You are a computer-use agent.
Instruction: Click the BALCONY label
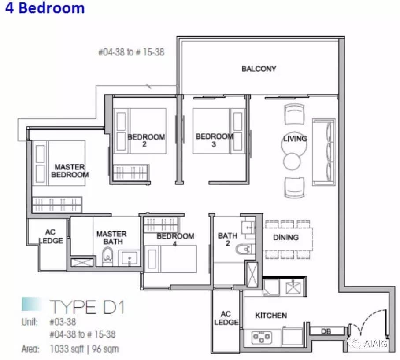pos(259,69)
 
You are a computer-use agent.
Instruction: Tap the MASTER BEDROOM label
pos(70,171)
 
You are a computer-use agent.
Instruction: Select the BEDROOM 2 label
pos(146,140)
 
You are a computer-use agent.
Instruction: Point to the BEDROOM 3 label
pos(214,140)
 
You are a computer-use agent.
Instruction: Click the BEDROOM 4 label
pos(175,239)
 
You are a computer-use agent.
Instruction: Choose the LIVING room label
pos(295,138)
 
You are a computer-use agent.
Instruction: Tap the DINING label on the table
pos(286,238)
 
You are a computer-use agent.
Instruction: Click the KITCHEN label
pos(271,316)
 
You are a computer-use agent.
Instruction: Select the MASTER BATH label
pos(111,238)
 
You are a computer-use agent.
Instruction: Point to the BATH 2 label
pos(228,239)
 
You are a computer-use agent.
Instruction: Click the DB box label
pos(326,331)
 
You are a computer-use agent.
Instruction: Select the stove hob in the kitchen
pos(261,337)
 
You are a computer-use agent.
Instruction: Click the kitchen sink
pos(293,287)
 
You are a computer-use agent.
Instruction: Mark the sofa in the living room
pos(323,152)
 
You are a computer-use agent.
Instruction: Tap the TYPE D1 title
pos(87,307)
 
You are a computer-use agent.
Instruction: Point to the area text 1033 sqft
pos(67,349)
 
